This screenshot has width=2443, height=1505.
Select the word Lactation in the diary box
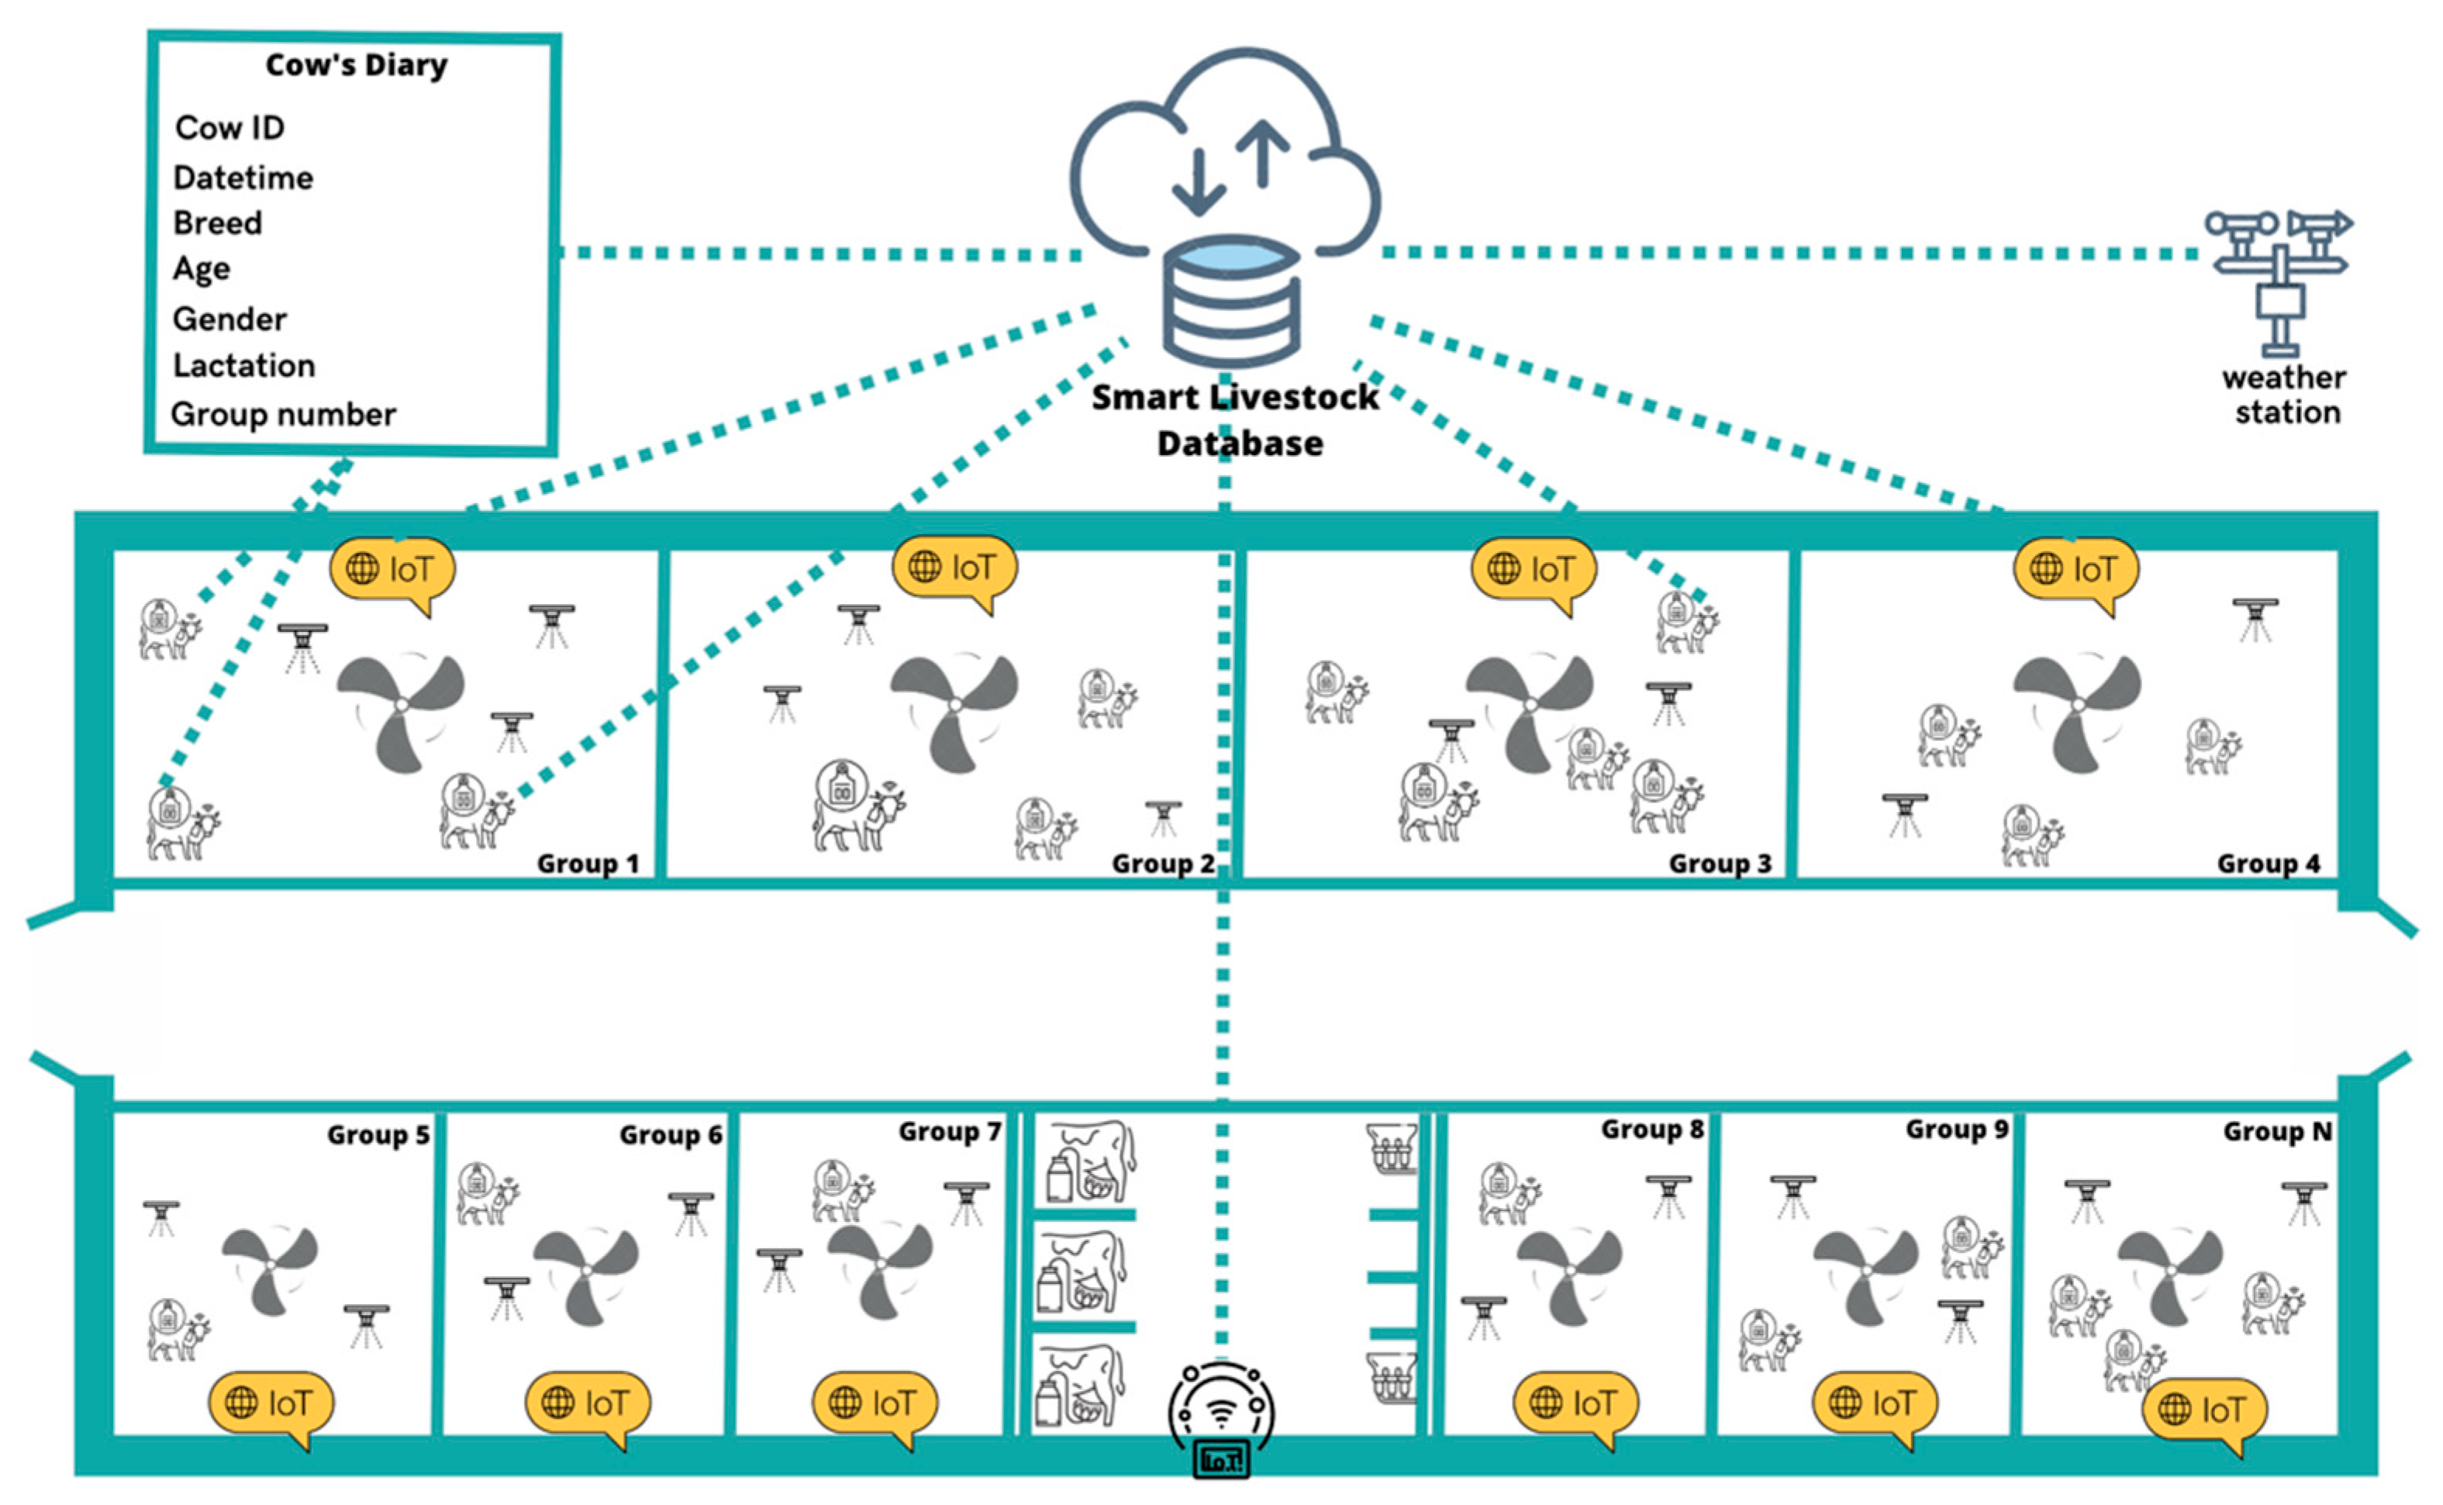(243, 365)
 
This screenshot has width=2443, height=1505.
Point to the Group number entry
(283, 414)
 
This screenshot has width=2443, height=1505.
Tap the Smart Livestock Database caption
(1236, 419)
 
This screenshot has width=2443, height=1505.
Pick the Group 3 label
(1720, 863)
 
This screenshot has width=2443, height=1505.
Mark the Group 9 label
(1956, 1129)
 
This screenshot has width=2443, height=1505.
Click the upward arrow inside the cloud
(1264, 154)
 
